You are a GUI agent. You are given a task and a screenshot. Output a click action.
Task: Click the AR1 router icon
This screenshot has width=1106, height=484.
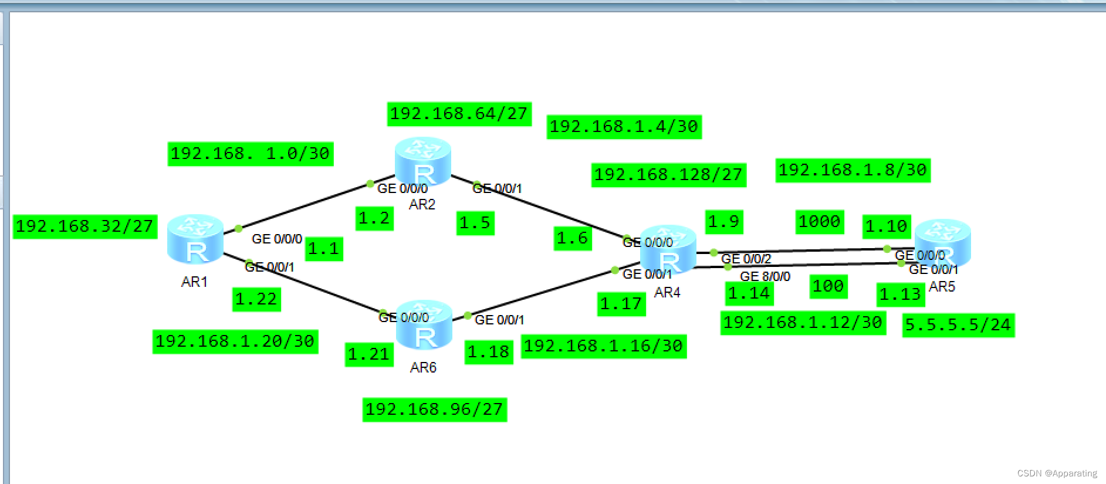point(195,239)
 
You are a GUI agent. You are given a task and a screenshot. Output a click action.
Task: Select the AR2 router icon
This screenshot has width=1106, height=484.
point(423,161)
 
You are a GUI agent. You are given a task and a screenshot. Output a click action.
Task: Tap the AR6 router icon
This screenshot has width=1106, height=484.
point(424,324)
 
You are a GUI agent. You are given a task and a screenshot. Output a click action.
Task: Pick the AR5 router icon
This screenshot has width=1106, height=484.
point(942,243)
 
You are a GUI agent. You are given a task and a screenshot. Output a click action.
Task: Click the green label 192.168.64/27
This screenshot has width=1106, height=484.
point(459,114)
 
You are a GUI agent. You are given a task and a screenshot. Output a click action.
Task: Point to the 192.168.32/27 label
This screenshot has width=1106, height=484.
point(85,226)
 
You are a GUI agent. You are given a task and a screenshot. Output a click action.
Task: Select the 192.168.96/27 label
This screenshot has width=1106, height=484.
point(435,409)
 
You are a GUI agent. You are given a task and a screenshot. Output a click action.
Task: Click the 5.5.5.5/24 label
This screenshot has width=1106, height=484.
point(958,325)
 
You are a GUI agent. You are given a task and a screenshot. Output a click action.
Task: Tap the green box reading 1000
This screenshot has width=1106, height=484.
point(820,222)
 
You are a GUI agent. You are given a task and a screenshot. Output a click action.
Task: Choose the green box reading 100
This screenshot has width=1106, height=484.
point(828,286)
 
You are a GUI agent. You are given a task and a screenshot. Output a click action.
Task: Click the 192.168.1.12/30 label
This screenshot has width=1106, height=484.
point(803,323)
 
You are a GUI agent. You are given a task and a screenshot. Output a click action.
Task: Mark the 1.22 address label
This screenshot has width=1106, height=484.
point(256,299)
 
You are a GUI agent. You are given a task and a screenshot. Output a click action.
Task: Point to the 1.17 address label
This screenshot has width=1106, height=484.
point(621,304)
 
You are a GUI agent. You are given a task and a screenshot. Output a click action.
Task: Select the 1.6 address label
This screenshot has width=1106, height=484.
point(573,238)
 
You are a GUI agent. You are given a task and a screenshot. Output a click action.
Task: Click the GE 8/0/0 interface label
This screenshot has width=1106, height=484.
point(765,276)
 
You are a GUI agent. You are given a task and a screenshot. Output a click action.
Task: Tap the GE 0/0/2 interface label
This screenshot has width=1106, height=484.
point(746,259)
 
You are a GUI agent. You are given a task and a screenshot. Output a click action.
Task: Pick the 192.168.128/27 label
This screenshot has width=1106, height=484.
point(669,175)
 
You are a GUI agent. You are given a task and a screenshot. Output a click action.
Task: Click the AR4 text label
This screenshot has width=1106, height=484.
point(667,292)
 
